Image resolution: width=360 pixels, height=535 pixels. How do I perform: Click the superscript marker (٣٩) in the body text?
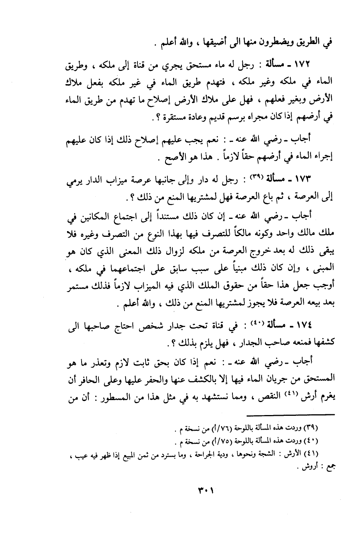coord(255,177)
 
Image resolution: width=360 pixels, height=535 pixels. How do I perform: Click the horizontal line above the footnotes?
coord(291,415)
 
